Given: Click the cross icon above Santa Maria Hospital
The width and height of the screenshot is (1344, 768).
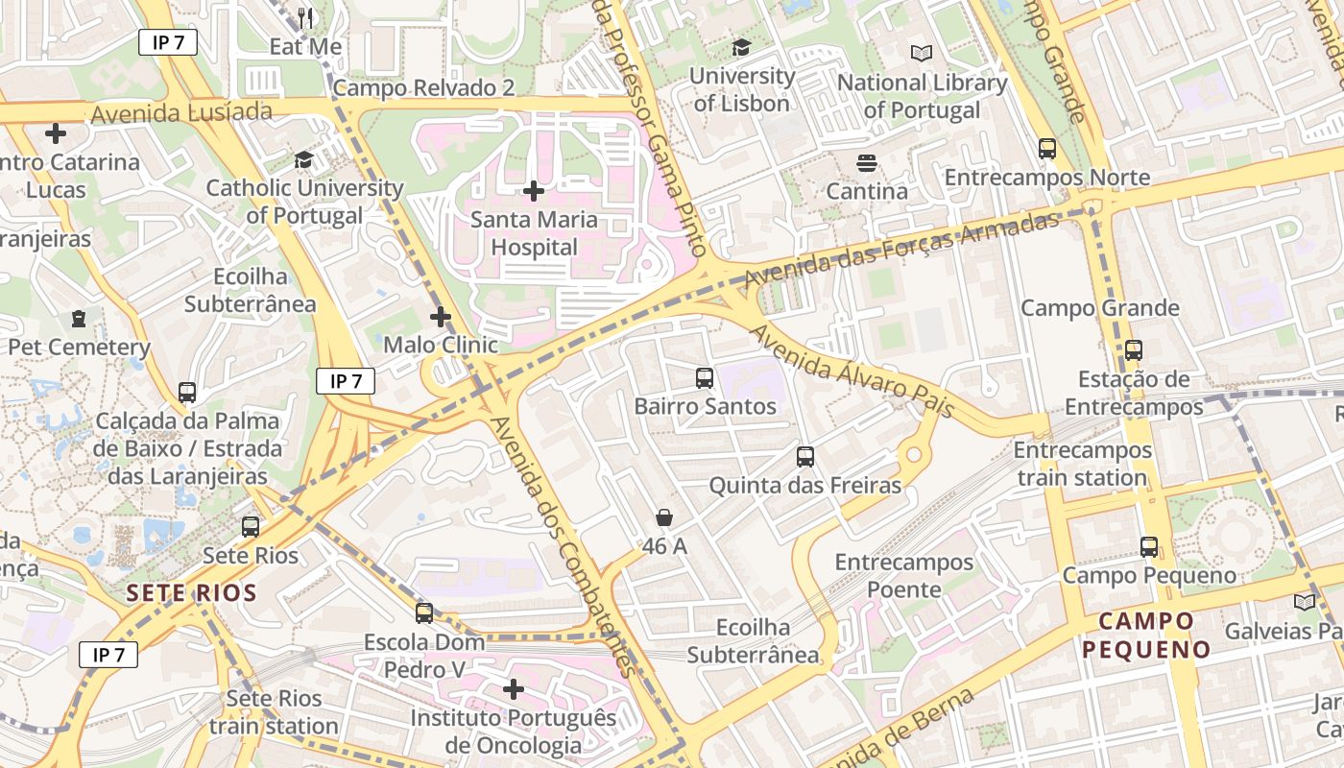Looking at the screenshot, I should [x=534, y=191].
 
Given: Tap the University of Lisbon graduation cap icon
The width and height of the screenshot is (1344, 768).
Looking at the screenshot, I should [x=741, y=47].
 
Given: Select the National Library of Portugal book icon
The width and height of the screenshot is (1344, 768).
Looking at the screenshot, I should [x=922, y=54].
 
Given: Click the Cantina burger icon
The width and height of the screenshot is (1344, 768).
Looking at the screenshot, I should [x=867, y=163].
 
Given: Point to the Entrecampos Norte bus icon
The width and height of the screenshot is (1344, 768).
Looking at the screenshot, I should [x=1047, y=149].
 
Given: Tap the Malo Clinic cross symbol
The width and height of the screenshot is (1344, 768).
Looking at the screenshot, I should [x=441, y=316].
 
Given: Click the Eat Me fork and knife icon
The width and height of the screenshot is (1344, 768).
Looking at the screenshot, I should [x=305, y=17].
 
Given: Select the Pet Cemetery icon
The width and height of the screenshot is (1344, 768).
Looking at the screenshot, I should [x=79, y=319].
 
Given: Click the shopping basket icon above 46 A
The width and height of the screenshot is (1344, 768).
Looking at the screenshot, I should [x=664, y=517].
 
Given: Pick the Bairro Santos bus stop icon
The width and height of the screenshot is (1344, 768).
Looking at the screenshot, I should [x=705, y=377].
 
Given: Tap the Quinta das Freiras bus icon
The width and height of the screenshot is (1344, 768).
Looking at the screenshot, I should [x=805, y=457].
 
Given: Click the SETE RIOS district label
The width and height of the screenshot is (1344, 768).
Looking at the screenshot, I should [x=192, y=592].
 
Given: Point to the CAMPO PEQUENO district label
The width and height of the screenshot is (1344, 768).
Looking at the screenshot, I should [x=1146, y=635].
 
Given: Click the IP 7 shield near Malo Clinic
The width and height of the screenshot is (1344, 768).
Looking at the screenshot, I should [x=346, y=381].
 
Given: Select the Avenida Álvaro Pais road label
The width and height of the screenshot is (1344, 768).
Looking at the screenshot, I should [x=852, y=372].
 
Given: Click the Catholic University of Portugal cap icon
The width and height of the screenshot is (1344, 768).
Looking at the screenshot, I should [x=304, y=159].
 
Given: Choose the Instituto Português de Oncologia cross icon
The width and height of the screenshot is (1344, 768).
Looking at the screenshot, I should [x=514, y=688].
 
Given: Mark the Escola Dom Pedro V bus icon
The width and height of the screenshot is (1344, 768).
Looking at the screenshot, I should [x=424, y=612].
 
